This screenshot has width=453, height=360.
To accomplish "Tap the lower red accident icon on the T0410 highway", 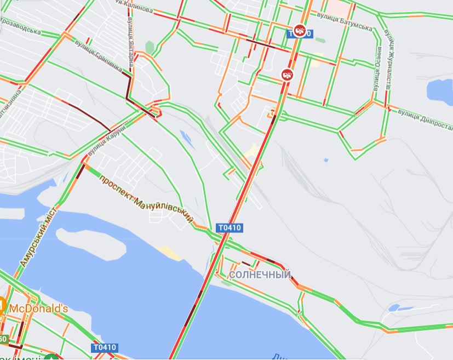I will coord(288,74).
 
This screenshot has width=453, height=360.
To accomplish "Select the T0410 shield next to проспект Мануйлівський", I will coord(229,227).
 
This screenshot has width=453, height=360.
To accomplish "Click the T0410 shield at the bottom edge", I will coord(104,347).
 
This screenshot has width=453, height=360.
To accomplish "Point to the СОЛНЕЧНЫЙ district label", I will coord(260,275).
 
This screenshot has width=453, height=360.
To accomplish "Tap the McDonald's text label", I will coord(38,308).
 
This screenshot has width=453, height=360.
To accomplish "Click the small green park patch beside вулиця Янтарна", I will coord(150,48).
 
